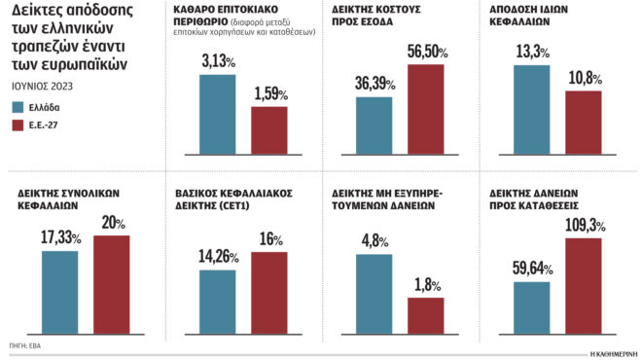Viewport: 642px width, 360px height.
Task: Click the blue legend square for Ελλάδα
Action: coord(18,107)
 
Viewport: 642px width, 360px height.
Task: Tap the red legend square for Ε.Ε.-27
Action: coord(18,125)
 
